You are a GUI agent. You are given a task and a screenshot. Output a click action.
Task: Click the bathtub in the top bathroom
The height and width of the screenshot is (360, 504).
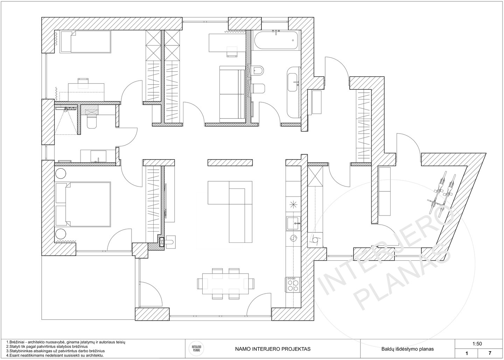coord(276,40)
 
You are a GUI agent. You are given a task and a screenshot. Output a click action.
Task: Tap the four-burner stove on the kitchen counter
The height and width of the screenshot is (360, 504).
coord(293,284)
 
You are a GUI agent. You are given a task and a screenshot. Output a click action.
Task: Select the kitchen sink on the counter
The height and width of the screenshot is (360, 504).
coord(293,223)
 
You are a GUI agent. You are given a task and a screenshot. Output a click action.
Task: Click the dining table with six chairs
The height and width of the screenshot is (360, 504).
coord(226,283)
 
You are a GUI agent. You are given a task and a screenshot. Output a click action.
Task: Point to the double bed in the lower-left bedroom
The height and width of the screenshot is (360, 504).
coord(83,204)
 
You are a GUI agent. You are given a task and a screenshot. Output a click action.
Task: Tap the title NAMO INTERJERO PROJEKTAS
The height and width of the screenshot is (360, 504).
coord(273,349)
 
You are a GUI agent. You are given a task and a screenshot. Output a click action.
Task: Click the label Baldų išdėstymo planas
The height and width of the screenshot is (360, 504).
coord(407,349)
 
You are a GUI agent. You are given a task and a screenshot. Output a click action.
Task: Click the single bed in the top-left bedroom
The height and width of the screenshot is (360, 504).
coord(85,42)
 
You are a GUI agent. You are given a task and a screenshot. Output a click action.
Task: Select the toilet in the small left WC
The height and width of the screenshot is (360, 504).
coord(92,122)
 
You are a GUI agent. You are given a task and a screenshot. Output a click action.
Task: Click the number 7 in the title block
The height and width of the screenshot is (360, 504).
coord(490,353)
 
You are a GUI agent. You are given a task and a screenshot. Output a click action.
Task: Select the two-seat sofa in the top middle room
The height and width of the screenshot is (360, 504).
coord(232,94)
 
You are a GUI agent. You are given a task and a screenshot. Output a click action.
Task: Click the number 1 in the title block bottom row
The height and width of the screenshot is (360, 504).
coord(467,353)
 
